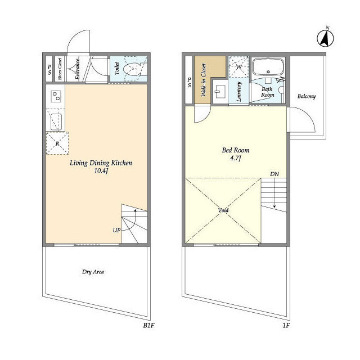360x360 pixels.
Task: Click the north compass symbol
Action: point(325,38)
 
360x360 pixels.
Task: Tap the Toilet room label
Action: point(117,69)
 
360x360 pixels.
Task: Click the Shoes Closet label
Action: point(60,69)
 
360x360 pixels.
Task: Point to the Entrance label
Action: point(78,69)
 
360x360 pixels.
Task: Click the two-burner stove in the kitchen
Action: point(56,96)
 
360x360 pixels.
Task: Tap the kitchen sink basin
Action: point(56,122)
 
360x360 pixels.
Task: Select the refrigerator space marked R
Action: point(57,143)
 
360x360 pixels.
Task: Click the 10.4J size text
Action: point(101,171)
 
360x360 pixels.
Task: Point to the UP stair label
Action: point(116,230)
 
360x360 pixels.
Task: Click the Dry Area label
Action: point(93,272)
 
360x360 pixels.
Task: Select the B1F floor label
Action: point(148,325)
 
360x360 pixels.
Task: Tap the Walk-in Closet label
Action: point(204,80)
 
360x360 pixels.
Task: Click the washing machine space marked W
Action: point(238,67)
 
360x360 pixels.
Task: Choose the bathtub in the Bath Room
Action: point(268,66)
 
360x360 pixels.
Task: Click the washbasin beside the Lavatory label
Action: point(220,92)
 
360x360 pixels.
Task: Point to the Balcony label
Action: point(307,96)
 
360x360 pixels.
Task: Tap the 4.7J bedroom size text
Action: point(236,158)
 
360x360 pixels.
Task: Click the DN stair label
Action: point(274,174)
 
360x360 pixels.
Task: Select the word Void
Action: point(223,210)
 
